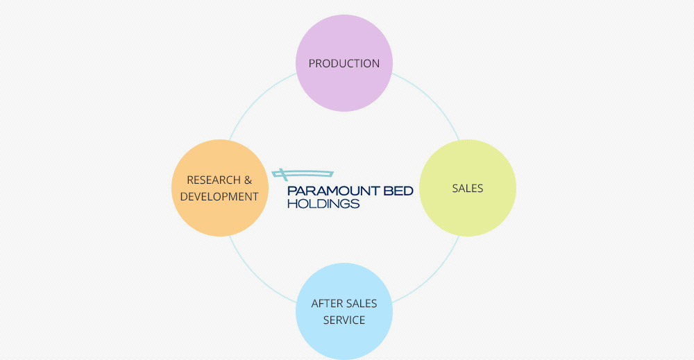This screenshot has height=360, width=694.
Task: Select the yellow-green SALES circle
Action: click(x=468, y=166)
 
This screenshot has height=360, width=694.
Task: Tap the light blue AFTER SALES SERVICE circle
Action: click(x=344, y=340)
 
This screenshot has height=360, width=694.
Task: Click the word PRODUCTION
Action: click(x=344, y=63)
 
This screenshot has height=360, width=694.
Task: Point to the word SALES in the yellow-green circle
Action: click(x=468, y=188)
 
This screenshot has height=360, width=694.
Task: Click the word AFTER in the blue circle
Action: click(x=325, y=304)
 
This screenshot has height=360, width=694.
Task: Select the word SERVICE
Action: click(x=344, y=320)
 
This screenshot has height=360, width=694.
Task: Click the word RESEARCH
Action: click(x=210, y=180)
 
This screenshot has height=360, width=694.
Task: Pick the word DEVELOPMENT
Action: click(x=219, y=197)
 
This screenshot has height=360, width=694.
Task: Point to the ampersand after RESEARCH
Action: click(x=247, y=180)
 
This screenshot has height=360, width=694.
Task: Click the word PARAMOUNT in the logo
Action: click(x=329, y=191)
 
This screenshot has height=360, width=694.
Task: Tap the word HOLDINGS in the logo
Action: click(x=323, y=204)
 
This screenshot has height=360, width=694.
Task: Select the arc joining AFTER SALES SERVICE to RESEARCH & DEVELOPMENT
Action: click(x=256, y=277)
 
